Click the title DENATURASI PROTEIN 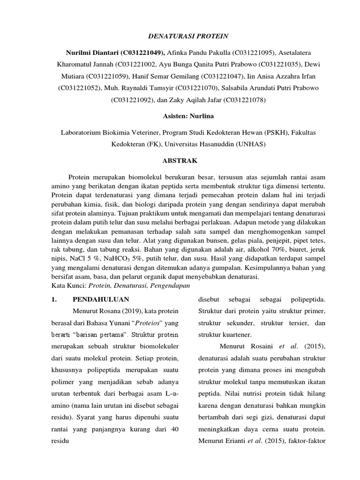180,36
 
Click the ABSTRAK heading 180,161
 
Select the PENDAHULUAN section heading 101,299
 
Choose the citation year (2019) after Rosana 134,311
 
